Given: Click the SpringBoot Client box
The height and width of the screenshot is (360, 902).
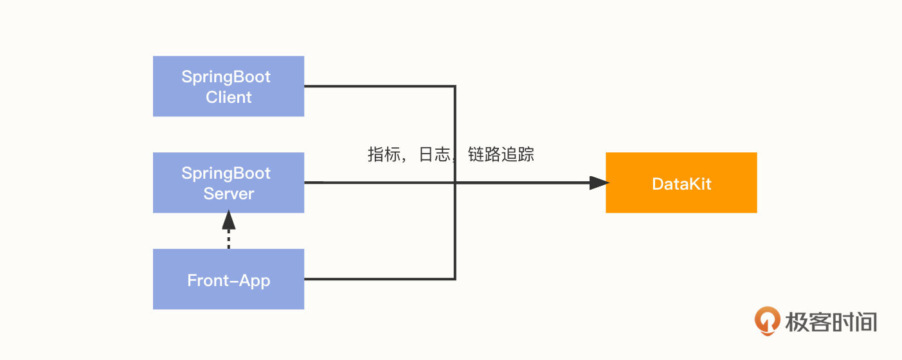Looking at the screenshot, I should click(x=228, y=86).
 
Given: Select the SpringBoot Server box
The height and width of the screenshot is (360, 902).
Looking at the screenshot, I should click(x=228, y=183).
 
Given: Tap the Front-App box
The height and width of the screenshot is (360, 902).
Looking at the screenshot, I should click(x=228, y=279).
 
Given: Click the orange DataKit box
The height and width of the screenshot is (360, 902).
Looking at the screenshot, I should click(x=681, y=183).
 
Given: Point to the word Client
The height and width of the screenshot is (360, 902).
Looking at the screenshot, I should click(x=228, y=98).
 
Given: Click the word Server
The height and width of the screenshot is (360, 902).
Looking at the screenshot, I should click(x=228, y=194).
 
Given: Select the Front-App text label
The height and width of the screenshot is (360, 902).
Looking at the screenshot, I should click(x=228, y=281).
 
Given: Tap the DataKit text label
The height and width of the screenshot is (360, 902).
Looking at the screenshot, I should click(x=681, y=184).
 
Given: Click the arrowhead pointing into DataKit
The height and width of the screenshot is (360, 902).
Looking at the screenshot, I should click(x=599, y=183).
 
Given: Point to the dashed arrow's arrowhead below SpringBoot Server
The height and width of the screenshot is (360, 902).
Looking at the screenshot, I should click(x=228, y=221).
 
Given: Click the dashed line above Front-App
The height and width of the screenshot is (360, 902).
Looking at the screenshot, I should click(x=228, y=240).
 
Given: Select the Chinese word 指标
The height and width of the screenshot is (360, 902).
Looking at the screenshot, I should click(x=384, y=155).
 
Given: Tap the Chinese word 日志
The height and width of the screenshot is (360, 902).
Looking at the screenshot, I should click(x=435, y=155).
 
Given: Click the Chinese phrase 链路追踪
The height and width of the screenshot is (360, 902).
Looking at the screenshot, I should click(x=501, y=155).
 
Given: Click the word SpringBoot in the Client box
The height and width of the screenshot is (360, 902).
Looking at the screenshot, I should click(x=226, y=77).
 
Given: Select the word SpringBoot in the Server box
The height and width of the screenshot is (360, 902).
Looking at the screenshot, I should click(x=226, y=174).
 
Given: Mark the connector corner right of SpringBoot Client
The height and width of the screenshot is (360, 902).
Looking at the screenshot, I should click(x=455, y=86).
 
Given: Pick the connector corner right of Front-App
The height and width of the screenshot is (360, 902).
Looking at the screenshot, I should click(x=455, y=279).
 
